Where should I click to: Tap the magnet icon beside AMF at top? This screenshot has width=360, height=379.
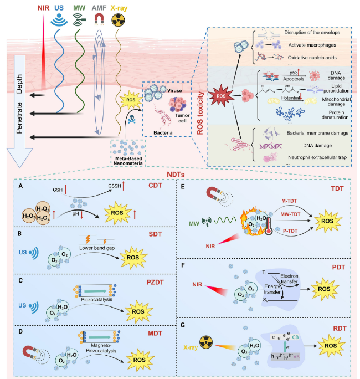coord(100,20)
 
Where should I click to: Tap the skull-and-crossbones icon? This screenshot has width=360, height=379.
coord(133,117)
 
